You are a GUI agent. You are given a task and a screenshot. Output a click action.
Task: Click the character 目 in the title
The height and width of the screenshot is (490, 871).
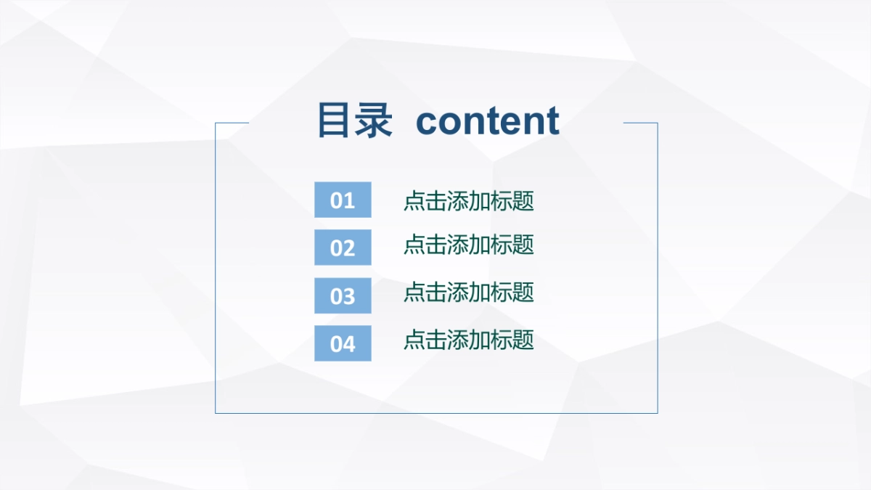pyautogui.click(x=334, y=121)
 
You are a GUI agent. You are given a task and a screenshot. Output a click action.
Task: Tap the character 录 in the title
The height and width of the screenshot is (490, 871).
pyautogui.click(x=375, y=121)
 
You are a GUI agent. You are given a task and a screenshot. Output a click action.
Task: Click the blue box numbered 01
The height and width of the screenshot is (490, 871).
pyautogui.click(x=343, y=200)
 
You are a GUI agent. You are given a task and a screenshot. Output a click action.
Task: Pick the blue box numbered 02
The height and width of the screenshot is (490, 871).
pyautogui.click(x=343, y=248)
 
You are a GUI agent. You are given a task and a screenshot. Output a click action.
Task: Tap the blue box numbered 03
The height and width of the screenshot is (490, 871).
pyautogui.click(x=343, y=295)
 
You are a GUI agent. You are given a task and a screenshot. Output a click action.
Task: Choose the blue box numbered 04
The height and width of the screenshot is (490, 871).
pyautogui.click(x=343, y=343)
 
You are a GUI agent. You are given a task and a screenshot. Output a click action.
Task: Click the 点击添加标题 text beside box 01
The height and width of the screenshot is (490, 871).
pyautogui.click(x=469, y=201)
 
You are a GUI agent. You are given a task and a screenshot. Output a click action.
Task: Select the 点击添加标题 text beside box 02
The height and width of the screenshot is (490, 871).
pyautogui.click(x=469, y=245)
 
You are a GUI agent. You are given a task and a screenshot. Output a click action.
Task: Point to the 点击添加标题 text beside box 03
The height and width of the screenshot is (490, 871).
pyautogui.click(x=469, y=293)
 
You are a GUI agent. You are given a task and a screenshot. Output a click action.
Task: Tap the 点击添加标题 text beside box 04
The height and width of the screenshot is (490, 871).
pyautogui.click(x=469, y=340)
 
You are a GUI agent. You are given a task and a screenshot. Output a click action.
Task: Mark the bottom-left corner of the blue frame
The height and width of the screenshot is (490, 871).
pyautogui.click(x=216, y=413)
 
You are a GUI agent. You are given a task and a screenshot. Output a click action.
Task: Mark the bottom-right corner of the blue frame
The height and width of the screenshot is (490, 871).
pyautogui.click(x=658, y=413)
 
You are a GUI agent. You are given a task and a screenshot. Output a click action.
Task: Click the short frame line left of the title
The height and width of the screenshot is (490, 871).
pyautogui.click(x=232, y=123)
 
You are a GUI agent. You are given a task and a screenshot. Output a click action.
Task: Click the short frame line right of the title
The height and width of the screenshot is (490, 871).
pyautogui.click(x=640, y=123)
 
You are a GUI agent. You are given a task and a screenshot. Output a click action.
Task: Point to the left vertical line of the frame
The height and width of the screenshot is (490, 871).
pyautogui.click(x=216, y=269)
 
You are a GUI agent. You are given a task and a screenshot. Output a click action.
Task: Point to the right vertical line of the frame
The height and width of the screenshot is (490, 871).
pyautogui.click(x=658, y=269)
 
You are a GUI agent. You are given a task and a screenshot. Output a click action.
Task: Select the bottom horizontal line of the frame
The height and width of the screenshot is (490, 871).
pyautogui.click(x=435, y=413)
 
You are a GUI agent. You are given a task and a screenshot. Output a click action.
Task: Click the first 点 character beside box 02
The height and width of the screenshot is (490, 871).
pyautogui.click(x=414, y=245)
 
